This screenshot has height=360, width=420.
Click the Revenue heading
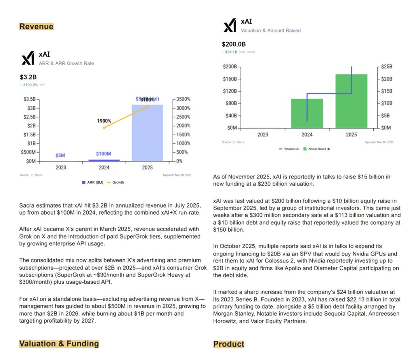[x=36, y=26]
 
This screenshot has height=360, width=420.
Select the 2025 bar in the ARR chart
[x=147, y=133]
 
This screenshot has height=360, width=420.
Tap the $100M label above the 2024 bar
[x=103, y=154]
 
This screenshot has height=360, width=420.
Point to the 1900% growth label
[x=104, y=121]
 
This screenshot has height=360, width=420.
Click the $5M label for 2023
[x=60, y=156]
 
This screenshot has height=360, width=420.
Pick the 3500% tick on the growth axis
[x=183, y=99]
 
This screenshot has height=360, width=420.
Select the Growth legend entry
[x=115, y=182]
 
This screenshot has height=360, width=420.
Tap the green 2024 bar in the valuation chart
[x=307, y=113]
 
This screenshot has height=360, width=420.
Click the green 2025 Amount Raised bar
[x=352, y=101]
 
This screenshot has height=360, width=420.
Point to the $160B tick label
[x=229, y=79]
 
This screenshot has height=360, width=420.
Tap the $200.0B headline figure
[x=234, y=44]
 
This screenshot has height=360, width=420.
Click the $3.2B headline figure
[x=28, y=77]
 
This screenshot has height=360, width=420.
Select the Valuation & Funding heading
[x=59, y=344]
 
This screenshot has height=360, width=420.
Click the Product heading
[x=229, y=344]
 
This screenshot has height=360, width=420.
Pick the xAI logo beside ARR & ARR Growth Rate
[x=28, y=59]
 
